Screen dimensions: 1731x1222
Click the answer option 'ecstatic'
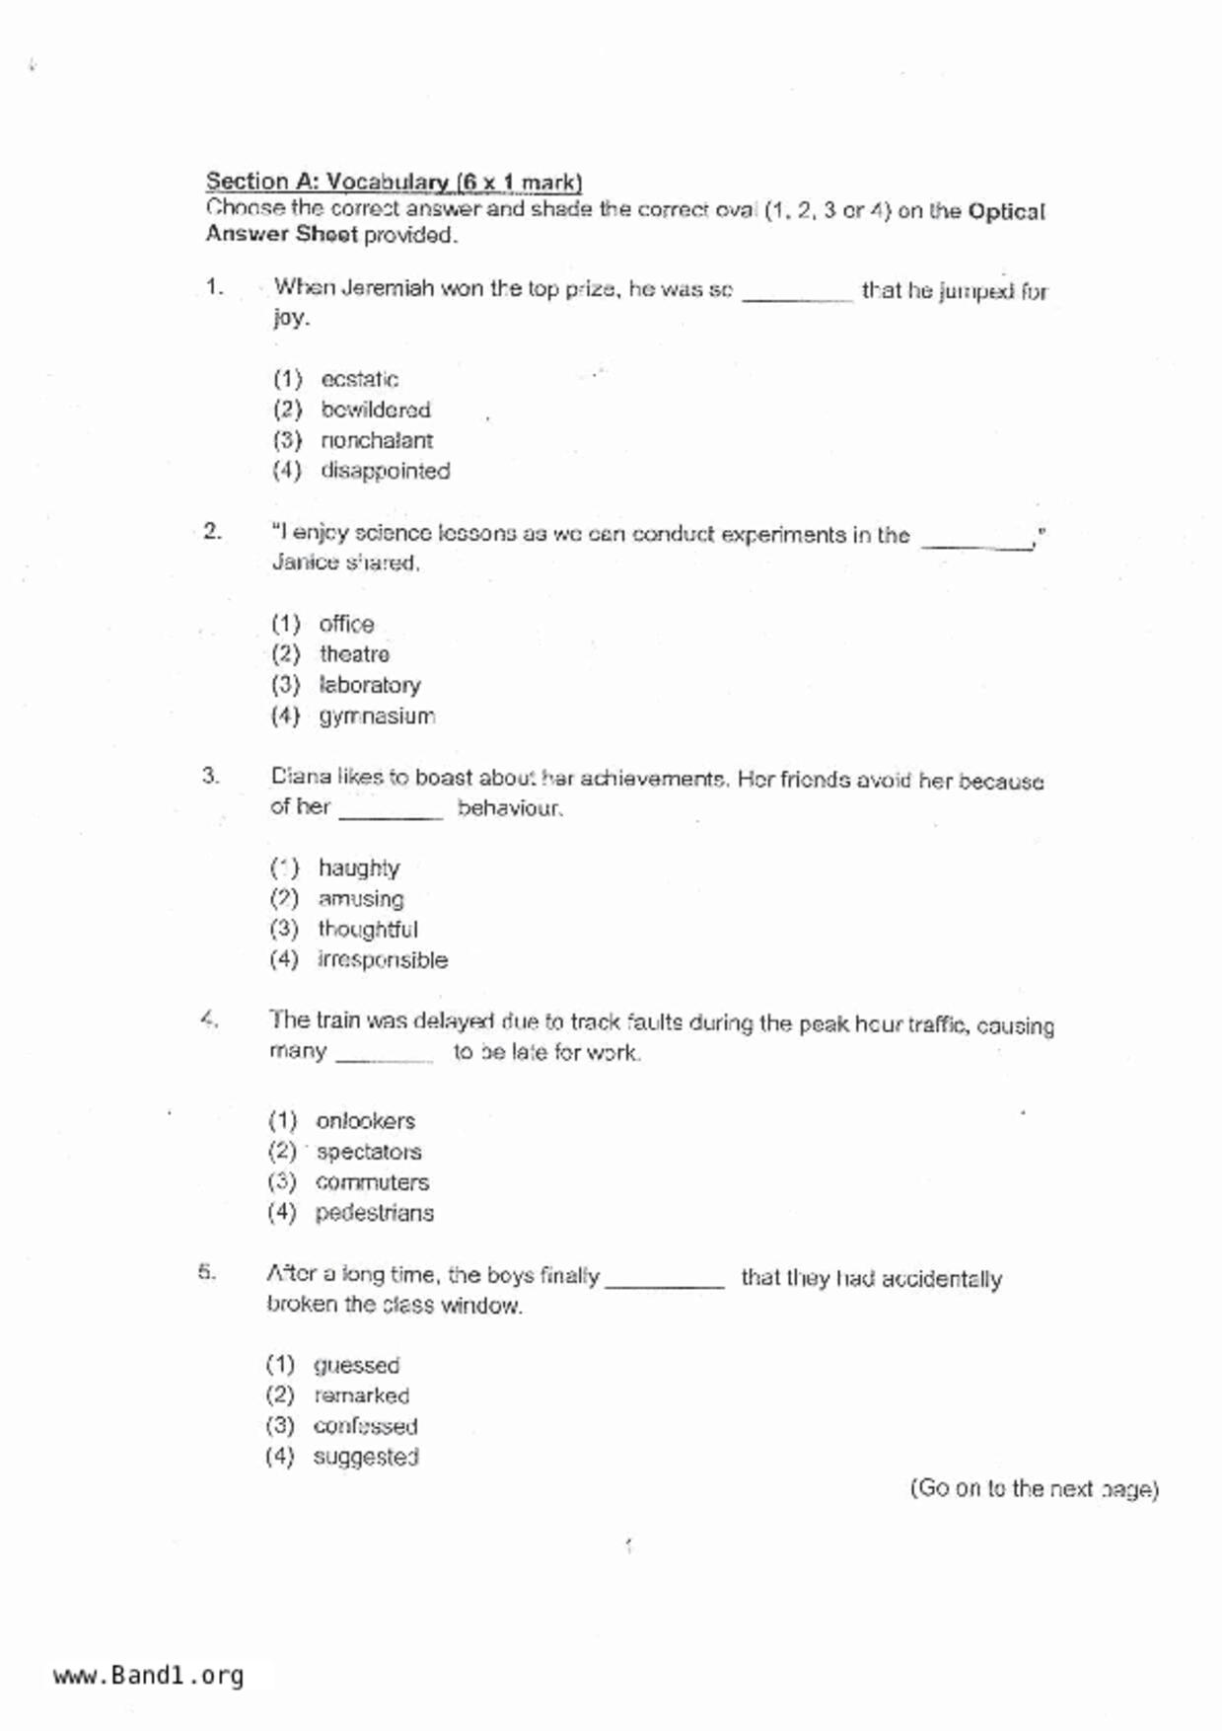359,380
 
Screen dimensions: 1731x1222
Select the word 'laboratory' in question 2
369,685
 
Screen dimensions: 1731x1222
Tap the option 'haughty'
358,868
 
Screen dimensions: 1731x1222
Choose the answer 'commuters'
372,1182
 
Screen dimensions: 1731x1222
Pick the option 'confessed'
365,1426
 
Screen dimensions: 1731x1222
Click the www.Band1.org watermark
148,1676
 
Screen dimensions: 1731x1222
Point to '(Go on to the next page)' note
1034,1488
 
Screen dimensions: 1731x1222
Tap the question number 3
210,776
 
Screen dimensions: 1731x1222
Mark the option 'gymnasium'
376,716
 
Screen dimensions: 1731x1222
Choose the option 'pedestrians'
374,1213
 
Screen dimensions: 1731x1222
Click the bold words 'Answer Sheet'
281,235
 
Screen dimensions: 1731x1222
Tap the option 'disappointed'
385,471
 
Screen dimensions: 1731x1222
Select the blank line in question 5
665,1284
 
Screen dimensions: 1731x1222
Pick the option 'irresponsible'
382,960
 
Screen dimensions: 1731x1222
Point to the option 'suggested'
365,1457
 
